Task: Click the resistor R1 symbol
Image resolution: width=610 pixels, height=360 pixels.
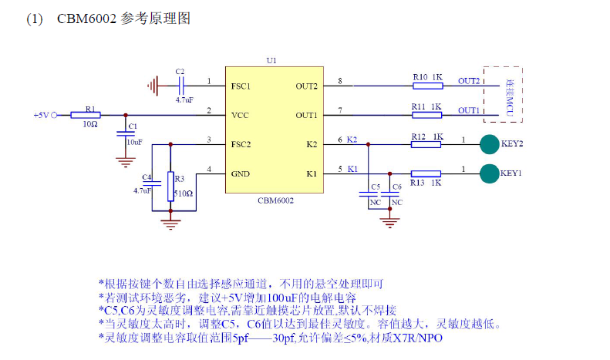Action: (85, 115)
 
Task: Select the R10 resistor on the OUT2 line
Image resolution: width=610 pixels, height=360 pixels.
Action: (426, 86)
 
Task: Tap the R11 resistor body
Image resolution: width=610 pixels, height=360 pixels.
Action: (426, 115)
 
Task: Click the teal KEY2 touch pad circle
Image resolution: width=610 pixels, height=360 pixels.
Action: (489, 144)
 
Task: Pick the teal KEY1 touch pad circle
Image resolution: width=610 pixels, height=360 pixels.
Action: (489, 173)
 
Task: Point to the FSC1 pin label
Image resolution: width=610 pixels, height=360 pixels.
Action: (241, 86)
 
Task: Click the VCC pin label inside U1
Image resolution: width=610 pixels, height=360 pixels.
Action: (239, 115)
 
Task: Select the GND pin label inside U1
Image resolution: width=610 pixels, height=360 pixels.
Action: (240, 173)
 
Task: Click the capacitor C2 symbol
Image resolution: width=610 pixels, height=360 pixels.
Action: (181, 84)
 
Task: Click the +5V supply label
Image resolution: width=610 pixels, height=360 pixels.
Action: (41, 115)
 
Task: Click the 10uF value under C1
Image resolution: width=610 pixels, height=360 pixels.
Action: (133, 142)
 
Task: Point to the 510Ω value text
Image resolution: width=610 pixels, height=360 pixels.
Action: (183, 193)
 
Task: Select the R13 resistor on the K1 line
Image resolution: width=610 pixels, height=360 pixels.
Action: (426, 173)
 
